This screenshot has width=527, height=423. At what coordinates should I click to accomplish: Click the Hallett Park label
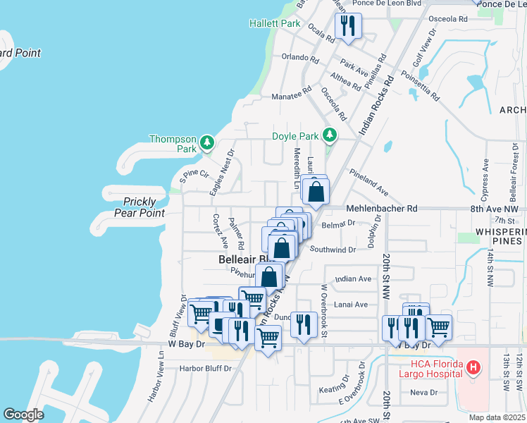[x=275, y=23]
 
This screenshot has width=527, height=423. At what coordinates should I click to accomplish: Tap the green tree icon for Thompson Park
[x=206, y=144]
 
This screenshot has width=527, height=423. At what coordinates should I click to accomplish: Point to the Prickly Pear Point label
[x=139, y=207]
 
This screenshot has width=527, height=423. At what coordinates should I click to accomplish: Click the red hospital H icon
[x=474, y=367]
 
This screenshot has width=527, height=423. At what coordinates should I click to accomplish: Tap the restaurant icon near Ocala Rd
[x=348, y=27]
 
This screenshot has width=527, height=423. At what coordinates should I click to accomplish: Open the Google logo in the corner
[x=23, y=415]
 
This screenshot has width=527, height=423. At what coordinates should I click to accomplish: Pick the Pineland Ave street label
[x=368, y=182]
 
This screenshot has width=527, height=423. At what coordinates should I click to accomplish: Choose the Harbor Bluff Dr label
[x=205, y=368]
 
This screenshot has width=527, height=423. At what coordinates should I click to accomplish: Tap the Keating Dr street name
[x=334, y=388]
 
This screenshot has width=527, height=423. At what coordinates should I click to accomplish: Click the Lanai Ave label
[x=351, y=305]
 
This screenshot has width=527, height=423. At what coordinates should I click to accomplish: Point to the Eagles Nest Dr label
[x=221, y=172]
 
